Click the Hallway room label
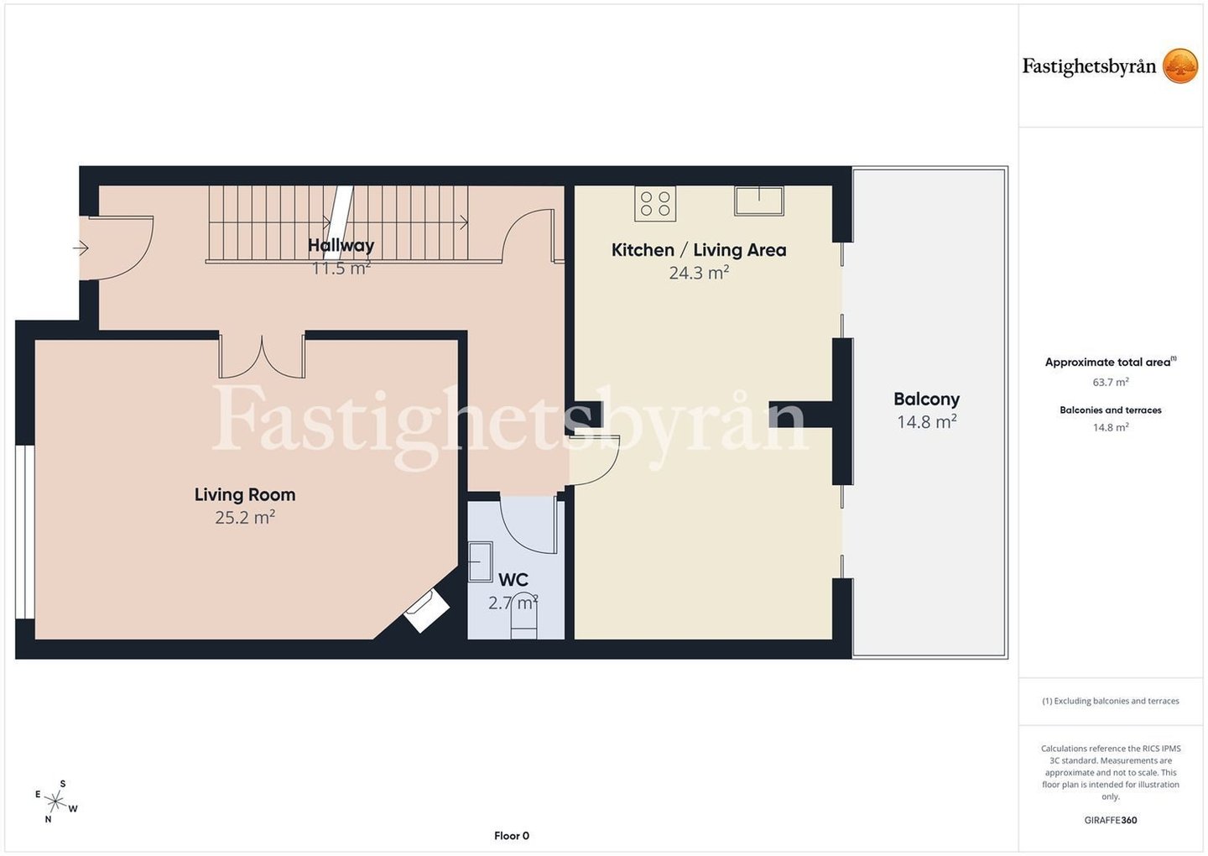coord(341,245)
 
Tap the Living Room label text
coord(245,494)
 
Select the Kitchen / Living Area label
coord(699,250)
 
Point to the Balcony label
coord(926,399)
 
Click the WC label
coord(513,580)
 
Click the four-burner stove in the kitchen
coord(655,203)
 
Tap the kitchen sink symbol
coord(758,201)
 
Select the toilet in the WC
coord(523,616)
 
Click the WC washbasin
coord(480,561)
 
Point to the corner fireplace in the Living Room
coord(426,611)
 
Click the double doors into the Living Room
coord(262,356)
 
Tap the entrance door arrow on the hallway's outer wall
coord(81,248)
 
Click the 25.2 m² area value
coord(245,517)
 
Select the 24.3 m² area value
coord(699,273)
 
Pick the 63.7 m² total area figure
coord(1111,382)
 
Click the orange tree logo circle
coord(1179,65)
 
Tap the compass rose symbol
coord(55,802)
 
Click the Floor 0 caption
coord(512,836)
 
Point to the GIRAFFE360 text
coord(1111,820)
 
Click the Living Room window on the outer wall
coord(25,532)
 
